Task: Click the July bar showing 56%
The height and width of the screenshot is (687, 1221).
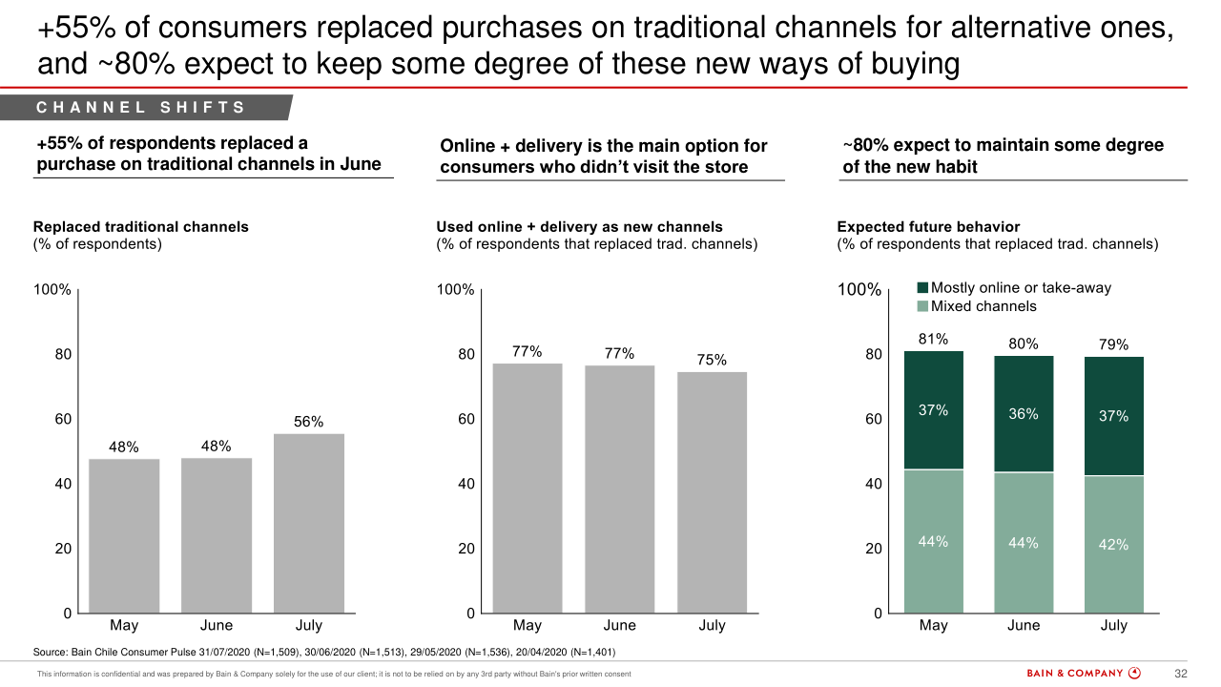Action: (309, 523)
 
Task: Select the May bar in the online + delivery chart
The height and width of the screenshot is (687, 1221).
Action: (527, 488)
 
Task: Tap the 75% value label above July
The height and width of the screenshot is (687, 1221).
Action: (712, 360)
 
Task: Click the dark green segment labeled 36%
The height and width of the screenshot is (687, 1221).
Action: (1024, 414)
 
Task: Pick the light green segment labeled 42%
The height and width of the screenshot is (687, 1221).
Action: (1113, 544)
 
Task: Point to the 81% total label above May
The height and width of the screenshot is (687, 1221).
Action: (933, 339)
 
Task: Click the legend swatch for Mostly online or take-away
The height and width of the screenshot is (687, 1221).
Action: (922, 288)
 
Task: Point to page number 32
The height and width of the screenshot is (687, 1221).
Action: (1180, 674)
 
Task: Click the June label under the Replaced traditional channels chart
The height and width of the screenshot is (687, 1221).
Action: (217, 626)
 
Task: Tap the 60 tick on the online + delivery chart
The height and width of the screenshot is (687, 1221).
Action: (466, 419)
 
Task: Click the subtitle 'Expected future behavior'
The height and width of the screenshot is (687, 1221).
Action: (928, 227)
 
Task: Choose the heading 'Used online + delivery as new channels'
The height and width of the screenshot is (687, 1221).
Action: (579, 227)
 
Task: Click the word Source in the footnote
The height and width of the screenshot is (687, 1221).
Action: (51, 653)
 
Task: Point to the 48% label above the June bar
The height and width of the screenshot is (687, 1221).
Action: (217, 446)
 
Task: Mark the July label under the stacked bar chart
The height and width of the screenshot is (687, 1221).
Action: (1113, 626)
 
